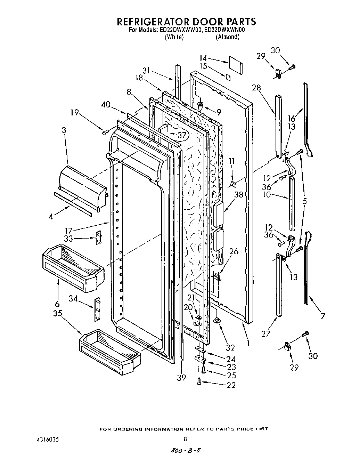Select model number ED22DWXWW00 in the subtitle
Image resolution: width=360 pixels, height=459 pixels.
[179, 30]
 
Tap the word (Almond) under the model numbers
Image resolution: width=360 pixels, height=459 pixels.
[228, 37]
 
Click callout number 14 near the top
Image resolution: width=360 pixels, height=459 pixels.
[203, 58]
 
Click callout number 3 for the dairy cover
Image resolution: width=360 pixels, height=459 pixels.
[64, 130]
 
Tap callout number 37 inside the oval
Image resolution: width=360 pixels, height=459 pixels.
[182, 135]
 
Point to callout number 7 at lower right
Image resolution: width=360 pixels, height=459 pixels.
[323, 316]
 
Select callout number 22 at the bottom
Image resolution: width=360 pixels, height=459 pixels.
[231, 385]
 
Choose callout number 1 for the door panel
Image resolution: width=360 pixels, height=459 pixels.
[248, 343]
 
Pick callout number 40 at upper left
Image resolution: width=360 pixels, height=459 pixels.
[106, 104]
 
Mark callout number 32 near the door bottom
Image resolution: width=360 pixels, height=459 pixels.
[230, 348]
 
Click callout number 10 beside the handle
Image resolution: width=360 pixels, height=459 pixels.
[267, 195]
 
